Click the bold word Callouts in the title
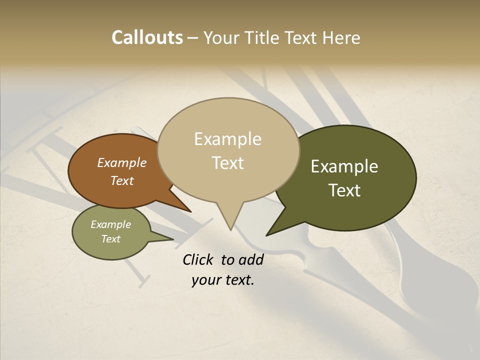click(147, 37)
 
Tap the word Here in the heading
click(341, 38)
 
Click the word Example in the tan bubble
click(227, 139)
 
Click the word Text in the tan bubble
click(227, 163)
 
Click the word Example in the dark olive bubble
click(344, 166)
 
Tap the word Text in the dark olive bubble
click(344, 190)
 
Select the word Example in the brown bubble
click(121, 162)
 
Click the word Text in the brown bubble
click(121, 180)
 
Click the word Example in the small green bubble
click(110, 224)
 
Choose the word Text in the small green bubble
click(110, 239)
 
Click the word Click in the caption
click(198, 259)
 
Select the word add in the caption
click(251, 259)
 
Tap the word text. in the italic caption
click(238, 280)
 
